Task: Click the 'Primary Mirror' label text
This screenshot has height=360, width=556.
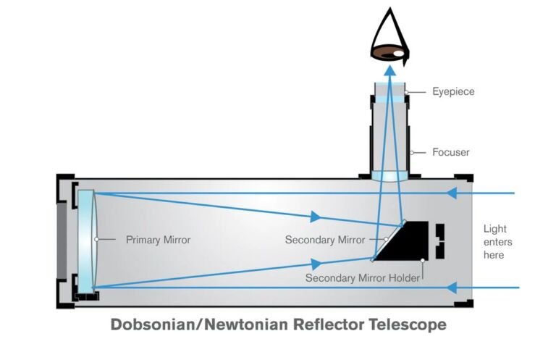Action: (158, 239)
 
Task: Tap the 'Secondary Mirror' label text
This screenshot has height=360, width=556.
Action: (325, 240)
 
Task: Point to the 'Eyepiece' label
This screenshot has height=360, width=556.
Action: (453, 92)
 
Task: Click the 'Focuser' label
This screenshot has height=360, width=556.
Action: (451, 152)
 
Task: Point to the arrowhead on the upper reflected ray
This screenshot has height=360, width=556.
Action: (315, 217)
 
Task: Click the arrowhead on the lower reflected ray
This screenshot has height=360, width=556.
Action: (314, 264)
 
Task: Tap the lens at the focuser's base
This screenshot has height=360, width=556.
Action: (390, 176)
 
